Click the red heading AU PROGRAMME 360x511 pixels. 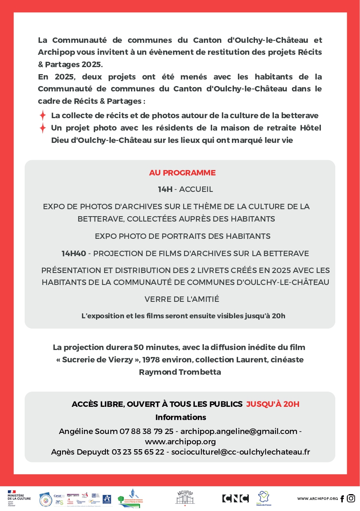click(x=182, y=173)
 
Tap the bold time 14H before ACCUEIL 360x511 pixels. click(x=165, y=189)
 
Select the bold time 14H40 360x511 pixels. click(x=74, y=254)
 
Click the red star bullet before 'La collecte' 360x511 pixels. click(x=42, y=116)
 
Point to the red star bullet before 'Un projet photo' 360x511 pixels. click(x=42, y=128)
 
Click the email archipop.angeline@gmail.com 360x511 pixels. click(x=239, y=432)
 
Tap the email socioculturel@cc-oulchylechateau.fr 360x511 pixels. click(x=241, y=452)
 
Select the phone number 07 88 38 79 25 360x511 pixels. click(x=146, y=432)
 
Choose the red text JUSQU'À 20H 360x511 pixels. click(x=273, y=404)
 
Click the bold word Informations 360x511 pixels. click(x=180, y=418)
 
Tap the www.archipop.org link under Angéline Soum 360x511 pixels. click(x=180, y=442)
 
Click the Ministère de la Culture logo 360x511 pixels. click(x=16, y=498)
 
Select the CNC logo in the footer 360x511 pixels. click(x=235, y=498)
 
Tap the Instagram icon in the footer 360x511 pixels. click(x=351, y=498)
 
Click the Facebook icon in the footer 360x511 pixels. click(x=342, y=499)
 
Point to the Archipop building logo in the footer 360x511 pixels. click(x=185, y=498)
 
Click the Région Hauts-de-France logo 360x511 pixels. click(x=264, y=498)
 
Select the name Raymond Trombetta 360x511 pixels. click(x=180, y=372)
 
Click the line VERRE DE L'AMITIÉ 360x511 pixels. click(x=182, y=299)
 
